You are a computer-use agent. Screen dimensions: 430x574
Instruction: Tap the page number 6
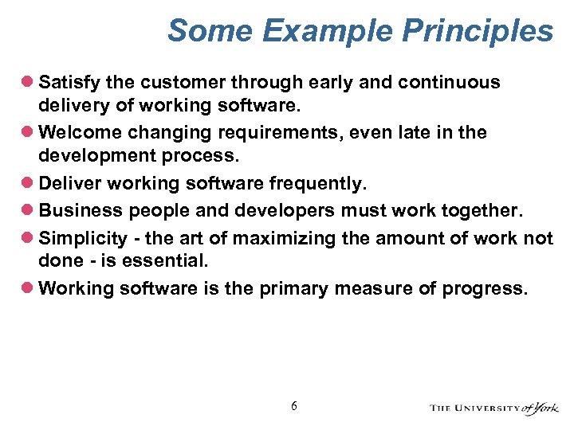click(x=294, y=406)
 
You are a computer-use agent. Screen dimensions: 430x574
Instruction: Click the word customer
click(x=170, y=82)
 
